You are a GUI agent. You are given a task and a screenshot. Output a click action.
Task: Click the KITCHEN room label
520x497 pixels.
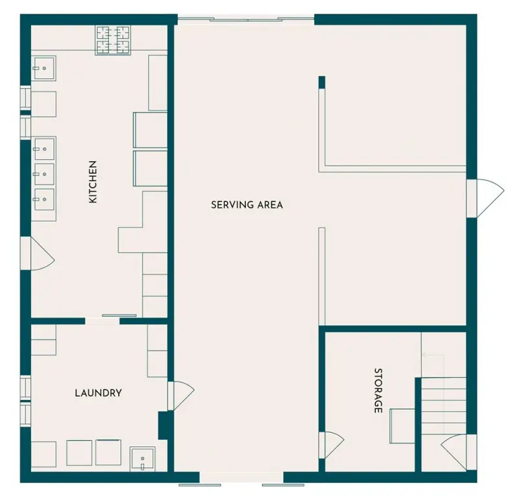point(93,182)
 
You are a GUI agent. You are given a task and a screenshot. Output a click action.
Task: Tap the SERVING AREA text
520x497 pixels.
point(247,205)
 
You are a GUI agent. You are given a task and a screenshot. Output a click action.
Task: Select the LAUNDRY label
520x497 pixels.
point(98,393)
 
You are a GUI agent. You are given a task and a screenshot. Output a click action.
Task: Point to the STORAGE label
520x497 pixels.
point(378,390)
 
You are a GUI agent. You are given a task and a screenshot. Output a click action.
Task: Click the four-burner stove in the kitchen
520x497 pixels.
point(113,40)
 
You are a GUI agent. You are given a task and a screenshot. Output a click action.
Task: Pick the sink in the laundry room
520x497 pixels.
point(142,459)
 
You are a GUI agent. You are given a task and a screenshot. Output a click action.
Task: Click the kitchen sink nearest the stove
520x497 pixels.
point(44,68)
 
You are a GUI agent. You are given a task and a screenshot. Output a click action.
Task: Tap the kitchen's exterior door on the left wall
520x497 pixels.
point(37,254)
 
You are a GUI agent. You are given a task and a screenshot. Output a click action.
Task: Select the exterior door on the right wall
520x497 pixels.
point(485,199)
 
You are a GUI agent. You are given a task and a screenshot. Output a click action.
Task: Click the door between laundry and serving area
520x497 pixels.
point(180,396)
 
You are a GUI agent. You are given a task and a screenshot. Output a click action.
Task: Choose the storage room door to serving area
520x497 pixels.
point(331,445)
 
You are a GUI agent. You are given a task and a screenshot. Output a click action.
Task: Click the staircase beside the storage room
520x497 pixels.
point(444,406)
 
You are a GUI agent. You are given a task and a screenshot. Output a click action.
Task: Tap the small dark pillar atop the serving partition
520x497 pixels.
point(321,83)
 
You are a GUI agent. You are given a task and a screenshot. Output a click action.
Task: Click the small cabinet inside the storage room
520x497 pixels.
point(402,426)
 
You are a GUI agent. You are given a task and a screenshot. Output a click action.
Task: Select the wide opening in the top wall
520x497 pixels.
point(246,20)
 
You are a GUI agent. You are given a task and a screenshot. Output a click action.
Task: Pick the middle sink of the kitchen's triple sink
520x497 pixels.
point(44,174)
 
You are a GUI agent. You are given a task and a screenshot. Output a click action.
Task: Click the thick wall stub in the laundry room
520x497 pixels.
point(163,425)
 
